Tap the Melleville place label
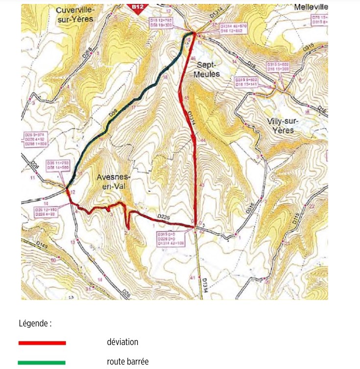tap(311, 7)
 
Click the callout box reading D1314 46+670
tap(233, 27)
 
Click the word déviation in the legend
tap(122, 343)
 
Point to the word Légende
tap(35, 323)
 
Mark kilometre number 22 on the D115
tap(312, 206)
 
